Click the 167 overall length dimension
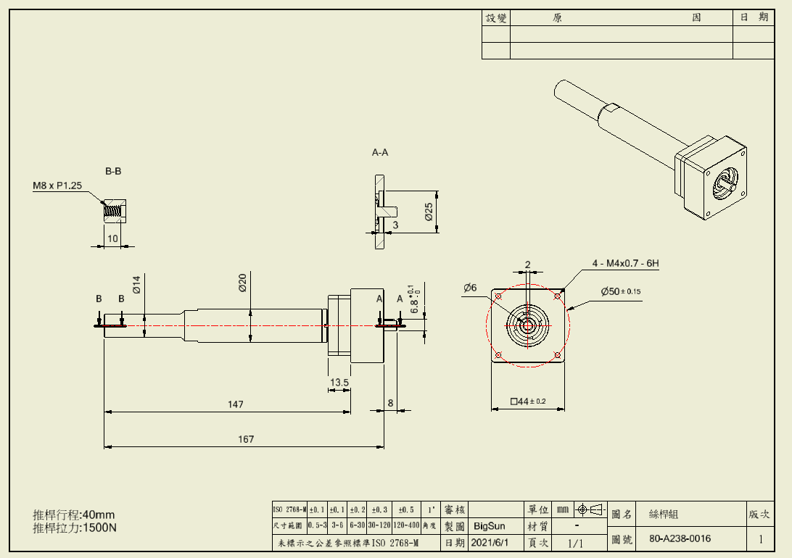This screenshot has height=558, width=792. (x=246, y=439)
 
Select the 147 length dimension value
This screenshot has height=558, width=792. (x=235, y=404)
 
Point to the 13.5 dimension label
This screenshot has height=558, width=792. (x=339, y=382)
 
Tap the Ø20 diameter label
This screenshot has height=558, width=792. (x=243, y=283)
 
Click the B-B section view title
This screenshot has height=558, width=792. (x=113, y=172)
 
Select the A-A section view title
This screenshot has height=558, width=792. (x=380, y=153)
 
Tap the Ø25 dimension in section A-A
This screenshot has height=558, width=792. (x=429, y=212)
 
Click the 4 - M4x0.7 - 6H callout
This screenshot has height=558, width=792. (x=625, y=264)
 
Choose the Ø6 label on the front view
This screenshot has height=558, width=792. (x=470, y=288)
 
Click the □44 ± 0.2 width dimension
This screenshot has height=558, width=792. (x=528, y=401)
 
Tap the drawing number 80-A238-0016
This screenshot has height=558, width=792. (x=680, y=538)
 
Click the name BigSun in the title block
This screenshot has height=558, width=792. (x=490, y=525)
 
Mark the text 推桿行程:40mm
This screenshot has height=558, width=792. (x=74, y=515)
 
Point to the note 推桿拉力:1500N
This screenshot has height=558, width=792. (x=75, y=528)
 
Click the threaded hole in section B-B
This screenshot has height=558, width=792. (x=112, y=212)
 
